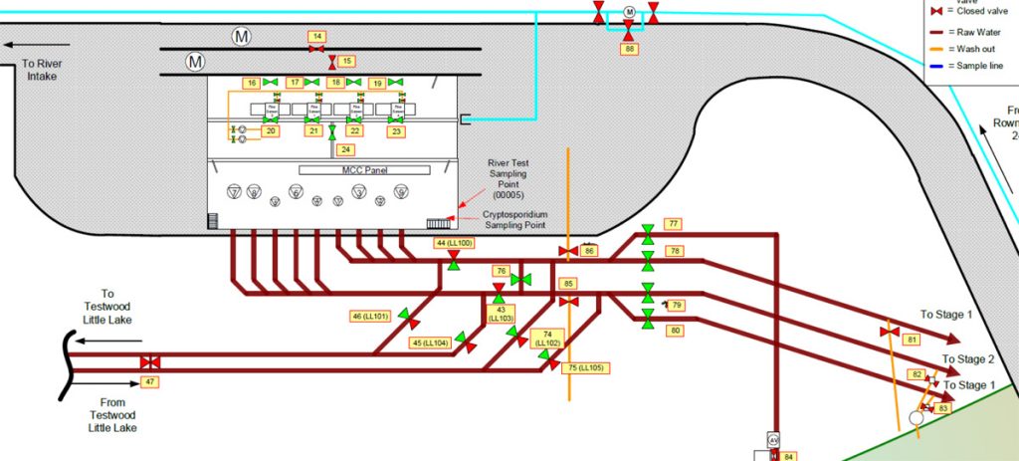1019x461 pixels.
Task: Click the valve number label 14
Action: coord(316,36)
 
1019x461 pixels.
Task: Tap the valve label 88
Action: coord(628,47)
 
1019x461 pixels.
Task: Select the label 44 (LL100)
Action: coord(454,243)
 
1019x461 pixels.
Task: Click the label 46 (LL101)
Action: coord(371,317)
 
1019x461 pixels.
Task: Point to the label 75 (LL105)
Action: coord(586,367)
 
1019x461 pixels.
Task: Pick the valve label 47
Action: coord(150,381)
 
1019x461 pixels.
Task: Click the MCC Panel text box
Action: coord(356,170)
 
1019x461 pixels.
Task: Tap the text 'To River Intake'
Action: coord(42,69)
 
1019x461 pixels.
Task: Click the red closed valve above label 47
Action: coord(150,363)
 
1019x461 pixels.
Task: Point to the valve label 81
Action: coord(911,340)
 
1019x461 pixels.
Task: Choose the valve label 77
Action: coord(674,224)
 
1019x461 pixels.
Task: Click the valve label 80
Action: coord(676,330)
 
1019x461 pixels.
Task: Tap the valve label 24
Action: coord(345,149)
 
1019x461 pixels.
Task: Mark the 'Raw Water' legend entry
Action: coord(961,31)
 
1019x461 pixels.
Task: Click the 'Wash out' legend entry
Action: coord(961,48)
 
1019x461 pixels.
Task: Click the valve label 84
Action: coord(789,456)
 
